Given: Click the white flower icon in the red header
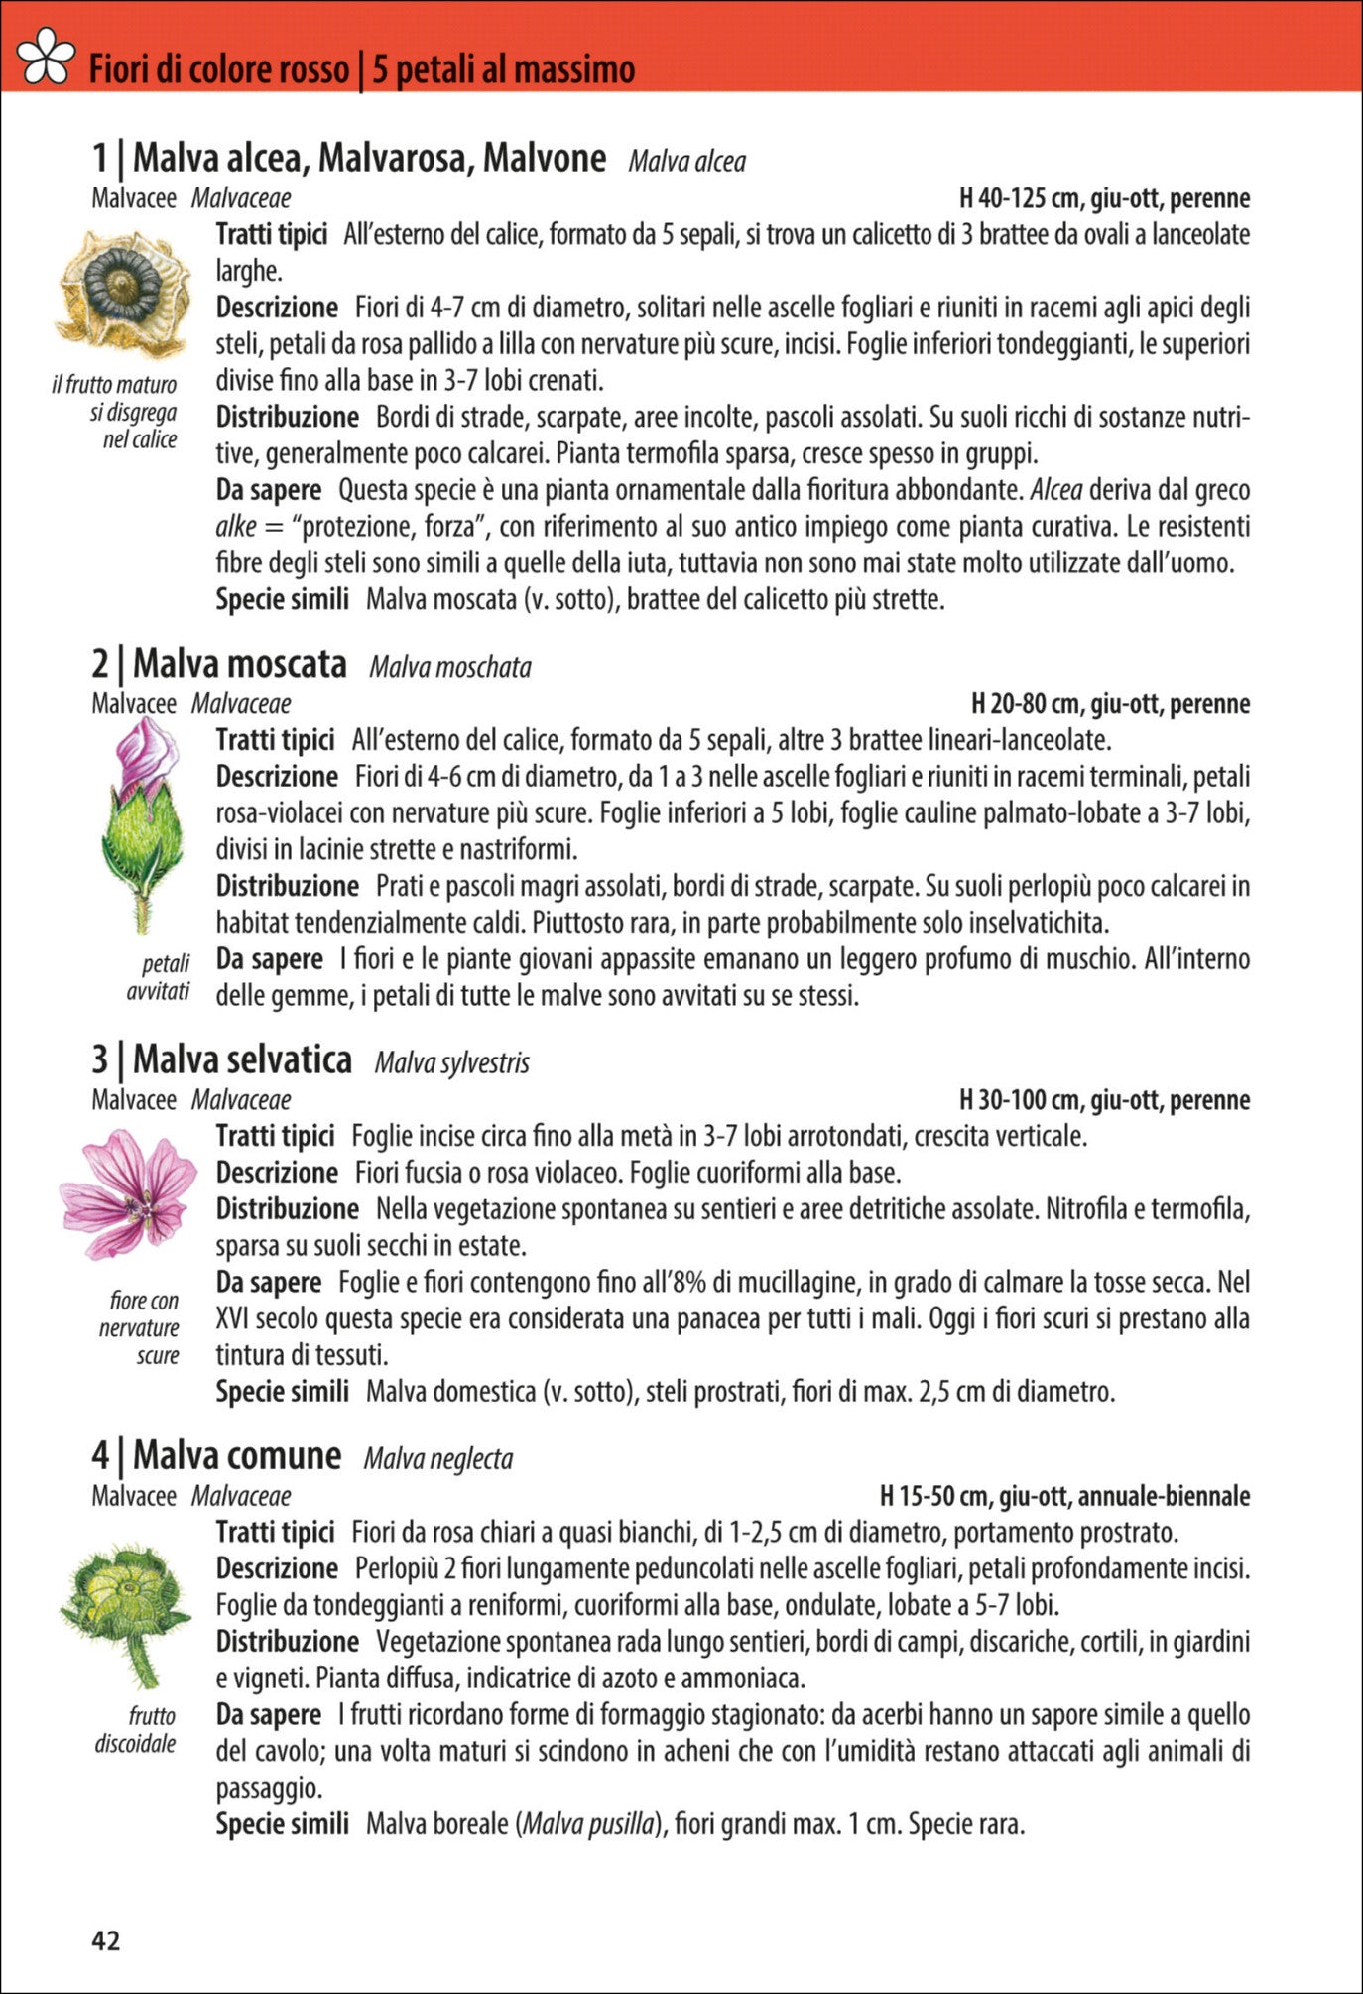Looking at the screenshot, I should pyautogui.click(x=46, y=58).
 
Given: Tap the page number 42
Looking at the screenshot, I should pyautogui.click(x=105, y=1940).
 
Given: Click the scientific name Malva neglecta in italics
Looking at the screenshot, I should pyautogui.click(x=437, y=1458).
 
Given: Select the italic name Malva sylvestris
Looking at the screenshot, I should pyautogui.click(x=451, y=1062).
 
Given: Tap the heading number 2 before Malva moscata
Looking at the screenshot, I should pyautogui.click(x=100, y=664).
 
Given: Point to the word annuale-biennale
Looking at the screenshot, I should pyautogui.click(x=1163, y=1496).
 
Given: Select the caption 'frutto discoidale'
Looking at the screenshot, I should pyautogui.click(x=136, y=1730).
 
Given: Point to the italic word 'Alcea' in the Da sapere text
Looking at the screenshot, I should pyautogui.click(x=1056, y=490).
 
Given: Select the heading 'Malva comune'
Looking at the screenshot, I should pyautogui.click(x=237, y=1455).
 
